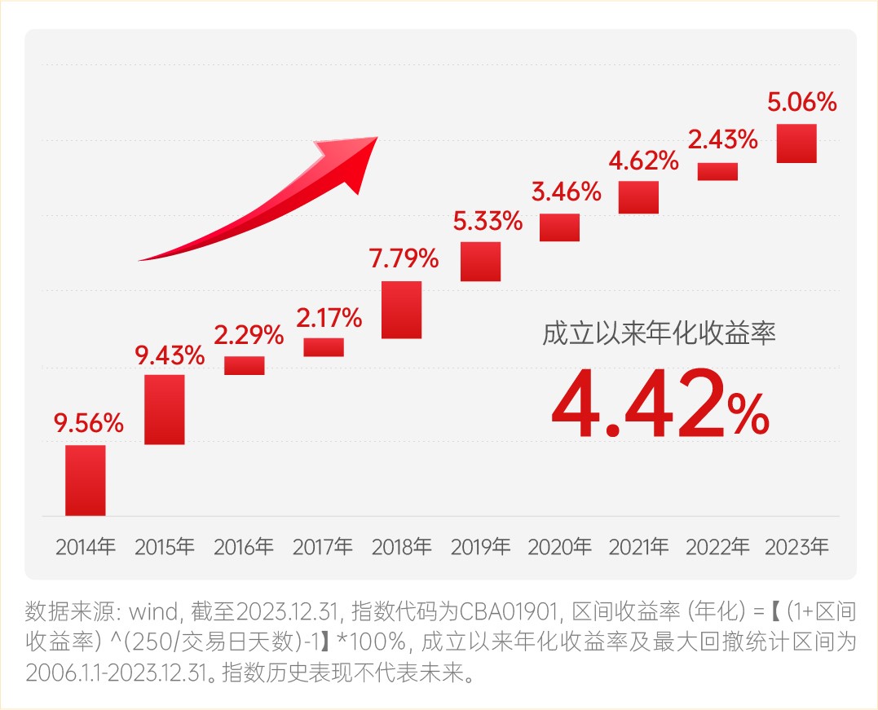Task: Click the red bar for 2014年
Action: [x=86, y=480]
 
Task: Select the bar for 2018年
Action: [x=402, y=310]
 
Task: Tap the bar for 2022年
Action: [x=717, y=171]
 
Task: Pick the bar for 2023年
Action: [x=796, y=143]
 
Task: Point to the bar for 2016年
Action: [x=245, y=365]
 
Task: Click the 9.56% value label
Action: [x=89, y=423]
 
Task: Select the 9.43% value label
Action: [x=170, y=355]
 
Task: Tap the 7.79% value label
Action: [x=404, y=260]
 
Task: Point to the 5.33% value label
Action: [x=488, y=221]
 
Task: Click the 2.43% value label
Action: [x=722, y=140]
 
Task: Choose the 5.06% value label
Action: [x=802, y=103]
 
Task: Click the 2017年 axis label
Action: [x=323, y=546]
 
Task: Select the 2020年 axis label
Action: [x=559, y=546]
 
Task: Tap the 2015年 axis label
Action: [x=165, y=546]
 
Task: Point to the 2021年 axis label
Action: [x=638, y=546]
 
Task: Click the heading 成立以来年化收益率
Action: [x=659, y=334]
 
